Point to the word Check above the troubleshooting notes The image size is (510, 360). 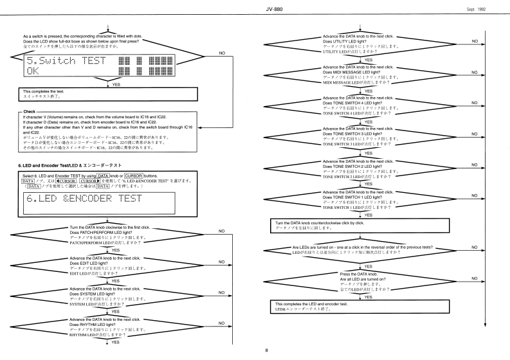(x=31, y=112)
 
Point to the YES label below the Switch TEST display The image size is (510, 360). (x=116, y=84)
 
